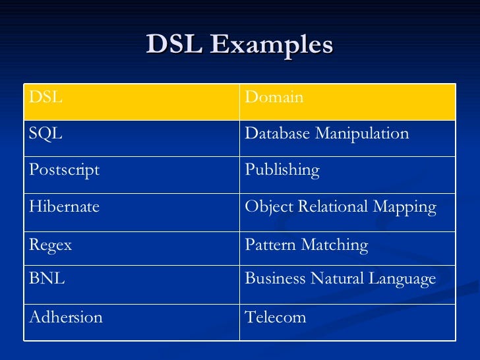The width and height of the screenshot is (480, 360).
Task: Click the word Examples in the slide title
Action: (272, 45)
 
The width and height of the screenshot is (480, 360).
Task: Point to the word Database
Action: (277, 134)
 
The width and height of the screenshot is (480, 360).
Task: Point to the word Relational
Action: (319, 207)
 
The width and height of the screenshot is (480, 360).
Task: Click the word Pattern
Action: (270, 245)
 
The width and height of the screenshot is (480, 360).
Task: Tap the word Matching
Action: (334, 245)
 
